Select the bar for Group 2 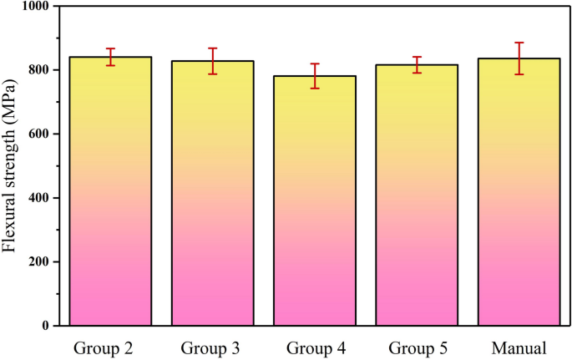[110, 191]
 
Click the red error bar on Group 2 [110, 57]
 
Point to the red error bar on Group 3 [213, 61]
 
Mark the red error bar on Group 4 [315, 76]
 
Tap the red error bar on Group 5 [417, 65]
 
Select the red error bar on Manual [519, 58]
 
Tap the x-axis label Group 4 [315, 347]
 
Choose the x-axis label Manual [519, 347]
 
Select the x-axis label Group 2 [110, 347]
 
